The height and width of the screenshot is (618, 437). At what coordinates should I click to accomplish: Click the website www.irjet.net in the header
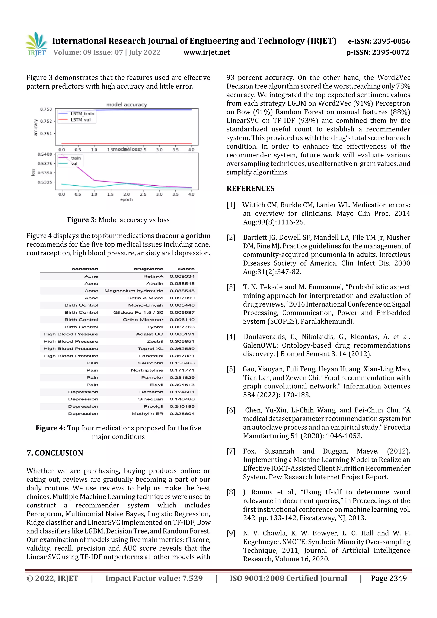pos(207,52)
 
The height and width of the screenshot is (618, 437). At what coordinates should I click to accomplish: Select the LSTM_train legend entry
pos(82,113)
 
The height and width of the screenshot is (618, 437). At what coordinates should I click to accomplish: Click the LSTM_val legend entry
pos(80,120)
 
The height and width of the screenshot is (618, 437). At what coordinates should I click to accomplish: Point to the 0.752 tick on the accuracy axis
pos(46,121)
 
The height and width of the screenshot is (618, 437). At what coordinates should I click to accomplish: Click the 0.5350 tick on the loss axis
pos(44,173)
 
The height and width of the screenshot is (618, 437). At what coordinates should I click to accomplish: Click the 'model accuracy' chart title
pos(127,105)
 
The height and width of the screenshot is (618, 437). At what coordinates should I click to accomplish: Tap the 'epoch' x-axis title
pos(126,199)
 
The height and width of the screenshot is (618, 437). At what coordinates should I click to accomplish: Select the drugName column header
pos(148,269)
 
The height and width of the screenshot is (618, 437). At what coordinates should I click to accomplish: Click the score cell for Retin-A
pos(182,276)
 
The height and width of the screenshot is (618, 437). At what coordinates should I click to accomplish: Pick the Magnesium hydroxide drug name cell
pos(134,291)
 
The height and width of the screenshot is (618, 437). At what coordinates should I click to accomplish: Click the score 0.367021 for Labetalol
pos(182,356)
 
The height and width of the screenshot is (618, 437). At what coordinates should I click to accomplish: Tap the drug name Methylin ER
pos(147,414)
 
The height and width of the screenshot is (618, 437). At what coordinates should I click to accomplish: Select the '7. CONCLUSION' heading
pos(55,453)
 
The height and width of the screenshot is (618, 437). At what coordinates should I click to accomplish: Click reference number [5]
pos(231,369)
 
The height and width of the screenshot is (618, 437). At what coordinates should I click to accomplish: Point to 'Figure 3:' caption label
pos(82,220)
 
